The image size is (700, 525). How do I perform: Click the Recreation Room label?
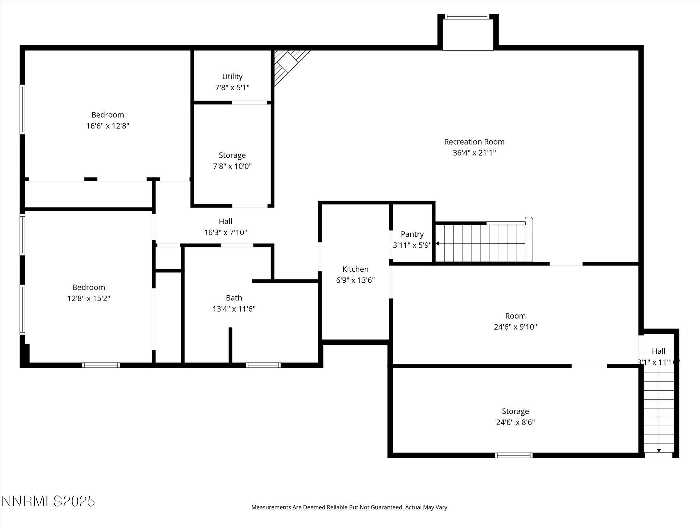pos(474,142)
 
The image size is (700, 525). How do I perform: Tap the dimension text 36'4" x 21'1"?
pos(474,153)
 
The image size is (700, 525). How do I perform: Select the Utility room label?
pos(232,77)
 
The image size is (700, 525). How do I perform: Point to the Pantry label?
pos(412,234)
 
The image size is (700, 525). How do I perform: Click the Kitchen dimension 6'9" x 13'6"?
pos(355,280)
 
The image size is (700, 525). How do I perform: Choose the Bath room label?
pos(234,298)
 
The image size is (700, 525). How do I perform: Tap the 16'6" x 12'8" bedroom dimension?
pos(108,126)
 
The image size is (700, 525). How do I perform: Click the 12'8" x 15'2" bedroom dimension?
pos(89,298)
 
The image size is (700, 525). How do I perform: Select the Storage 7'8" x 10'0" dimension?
pos(232,166)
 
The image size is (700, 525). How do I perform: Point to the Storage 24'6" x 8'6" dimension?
pos(515,422)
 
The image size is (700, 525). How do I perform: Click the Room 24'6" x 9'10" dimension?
pos(515,327)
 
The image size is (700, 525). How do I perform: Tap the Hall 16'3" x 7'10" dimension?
pos(225,232)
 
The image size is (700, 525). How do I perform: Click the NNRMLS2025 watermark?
pos(48,501)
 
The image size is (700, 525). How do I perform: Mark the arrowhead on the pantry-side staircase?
pos(437,244)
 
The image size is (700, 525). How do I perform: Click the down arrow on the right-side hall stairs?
pos(659,450)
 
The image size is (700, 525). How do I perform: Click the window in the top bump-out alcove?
pos(467,16)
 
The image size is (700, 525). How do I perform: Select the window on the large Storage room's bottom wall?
pos(514,455)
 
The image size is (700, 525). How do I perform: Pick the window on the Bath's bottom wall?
pos(263,365)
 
